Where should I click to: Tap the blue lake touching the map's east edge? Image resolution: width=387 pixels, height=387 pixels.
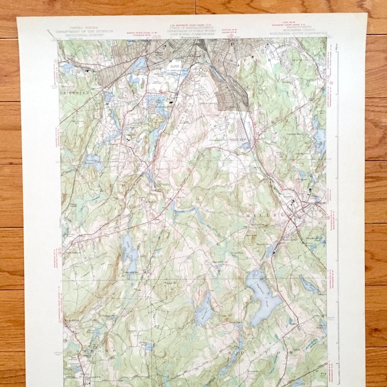point(320,139)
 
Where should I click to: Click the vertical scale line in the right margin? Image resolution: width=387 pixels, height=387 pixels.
point(336,193)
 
